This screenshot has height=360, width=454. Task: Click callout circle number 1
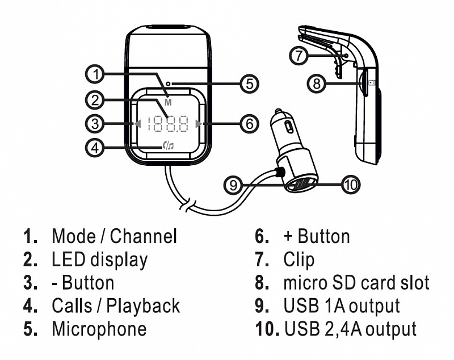pyautogui.click(x=96, y=74)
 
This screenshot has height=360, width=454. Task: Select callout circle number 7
pyautogui.click(x=300, y=55)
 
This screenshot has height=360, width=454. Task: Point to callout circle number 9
pyautogui.click(x=233, y=184)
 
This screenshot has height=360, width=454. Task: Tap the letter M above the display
pyautogui.click(x=168, y=102)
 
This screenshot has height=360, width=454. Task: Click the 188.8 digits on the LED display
pyautogui.click(x=167, y=123)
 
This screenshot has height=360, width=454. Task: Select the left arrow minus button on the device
pyautogui.click(x=136, y=123)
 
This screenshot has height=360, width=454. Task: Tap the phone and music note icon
pyautogui.click(x=167, y=146)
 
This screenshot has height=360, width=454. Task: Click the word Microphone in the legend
pyautogui.click(x=99, y=329)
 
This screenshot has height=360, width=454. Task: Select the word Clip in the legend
pyautogui.click(x=299, y=259)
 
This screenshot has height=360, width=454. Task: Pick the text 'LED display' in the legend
pyautogui.click(x=99, y=259)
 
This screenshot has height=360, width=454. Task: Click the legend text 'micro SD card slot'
pyautogui.click(x=356, y=282)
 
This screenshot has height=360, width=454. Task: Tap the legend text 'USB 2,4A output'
pyautogui.click(x=350, y=329)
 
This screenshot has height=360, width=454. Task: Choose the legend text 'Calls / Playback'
pyautogui.click(x=116, y=305)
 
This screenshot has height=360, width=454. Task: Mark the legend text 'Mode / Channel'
pyautogui.click(x=114, y=236)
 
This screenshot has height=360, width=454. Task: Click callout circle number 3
pyautogui.click(x=96, y=123)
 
